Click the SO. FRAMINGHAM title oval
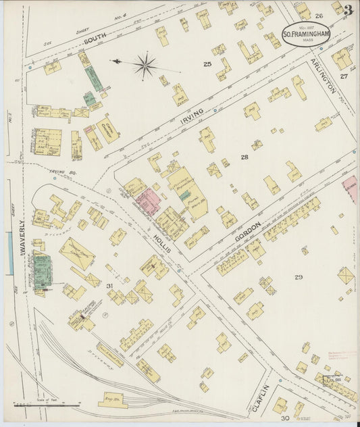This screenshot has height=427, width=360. point(306,34)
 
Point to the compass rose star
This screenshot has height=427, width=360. point(145,66)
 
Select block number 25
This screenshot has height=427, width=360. point(207,64)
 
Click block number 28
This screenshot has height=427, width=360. point(244,157)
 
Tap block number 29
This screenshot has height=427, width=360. point(298,278)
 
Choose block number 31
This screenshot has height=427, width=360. point(109,286)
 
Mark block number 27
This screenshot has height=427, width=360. point(344,76)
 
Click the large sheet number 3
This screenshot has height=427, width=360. point(347,10)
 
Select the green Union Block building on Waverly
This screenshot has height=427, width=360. point(42,270)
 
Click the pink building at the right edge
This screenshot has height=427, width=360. point(349,189)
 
